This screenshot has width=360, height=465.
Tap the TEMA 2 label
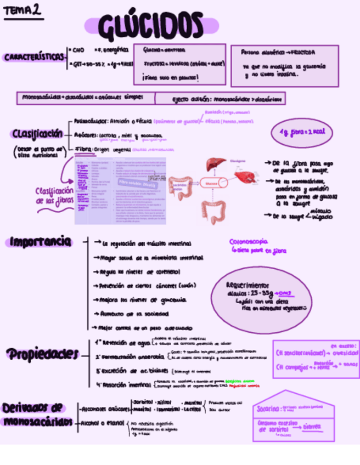click(x=22, y=10)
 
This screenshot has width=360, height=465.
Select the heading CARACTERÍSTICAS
click(x=33, y=57)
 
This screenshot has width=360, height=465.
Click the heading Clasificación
click(x=36, y=134)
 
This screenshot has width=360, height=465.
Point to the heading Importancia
click(x=40, y=241)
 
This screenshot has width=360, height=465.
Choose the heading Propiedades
click(x=42, y=354)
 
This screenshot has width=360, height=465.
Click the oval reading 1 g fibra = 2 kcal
click(x=301, y=133)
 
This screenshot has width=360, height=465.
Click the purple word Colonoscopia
click(x=249, y=241)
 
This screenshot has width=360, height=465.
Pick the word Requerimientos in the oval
click(x=248, y=285)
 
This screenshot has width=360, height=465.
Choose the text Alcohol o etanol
click(x=103, y=423)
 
